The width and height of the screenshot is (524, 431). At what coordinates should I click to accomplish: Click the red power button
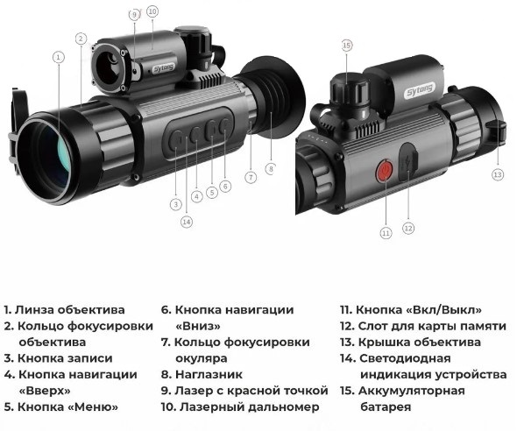pos(386,171)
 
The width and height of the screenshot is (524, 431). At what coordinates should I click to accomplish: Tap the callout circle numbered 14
pos(187,222)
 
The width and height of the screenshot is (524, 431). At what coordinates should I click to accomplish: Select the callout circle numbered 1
pos(59,57)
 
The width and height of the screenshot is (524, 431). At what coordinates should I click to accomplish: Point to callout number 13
pos(498,174)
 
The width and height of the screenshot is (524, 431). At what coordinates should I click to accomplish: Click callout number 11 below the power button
pos(386,232)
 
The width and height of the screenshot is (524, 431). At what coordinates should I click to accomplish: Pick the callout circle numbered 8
pos(271,169)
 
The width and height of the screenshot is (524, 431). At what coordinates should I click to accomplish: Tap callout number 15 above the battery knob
pos(347,45)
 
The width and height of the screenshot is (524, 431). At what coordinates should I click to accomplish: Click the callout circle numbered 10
pos(152,11)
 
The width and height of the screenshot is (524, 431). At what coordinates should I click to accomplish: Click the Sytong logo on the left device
pos(163,69)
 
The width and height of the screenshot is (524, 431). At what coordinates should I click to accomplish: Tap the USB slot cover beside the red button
pos(408,161)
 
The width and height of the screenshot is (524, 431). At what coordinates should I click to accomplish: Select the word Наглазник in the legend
pos(209,375)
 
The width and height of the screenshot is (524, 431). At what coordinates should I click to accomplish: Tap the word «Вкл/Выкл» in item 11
pos(443,310)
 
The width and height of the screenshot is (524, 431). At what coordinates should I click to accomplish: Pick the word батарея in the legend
pos(386,407)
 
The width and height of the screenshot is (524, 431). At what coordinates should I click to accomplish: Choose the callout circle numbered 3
pos(176,204)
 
